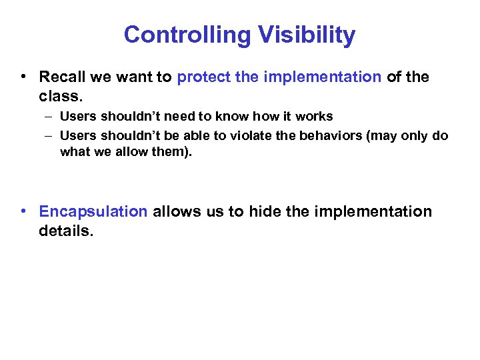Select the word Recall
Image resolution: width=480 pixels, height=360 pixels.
click(61, 77)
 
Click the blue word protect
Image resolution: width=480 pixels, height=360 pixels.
click(203, 77)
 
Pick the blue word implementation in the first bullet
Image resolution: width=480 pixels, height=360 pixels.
click(322, 77)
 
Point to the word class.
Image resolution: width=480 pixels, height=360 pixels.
click(60, 96)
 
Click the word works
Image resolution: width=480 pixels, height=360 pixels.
click(314, 117)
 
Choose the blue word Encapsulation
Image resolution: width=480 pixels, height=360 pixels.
click(93, 212)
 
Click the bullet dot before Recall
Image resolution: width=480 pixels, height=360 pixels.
click(23, 77)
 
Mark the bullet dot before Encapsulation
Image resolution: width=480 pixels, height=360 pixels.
click(23, 212)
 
